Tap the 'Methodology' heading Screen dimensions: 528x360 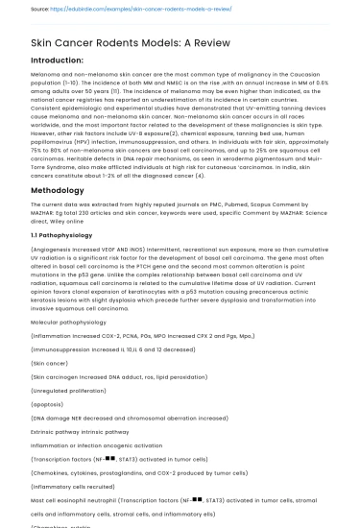coord(59,191)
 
